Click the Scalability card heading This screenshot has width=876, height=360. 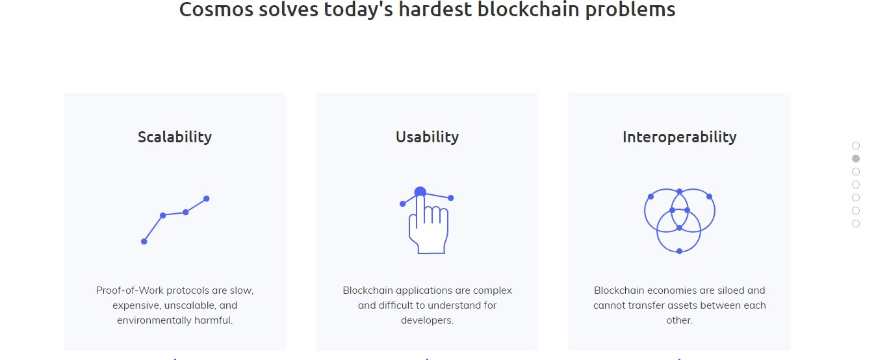(175, 137)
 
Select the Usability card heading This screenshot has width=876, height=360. (427, 137)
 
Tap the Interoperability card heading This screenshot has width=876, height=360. (680, 137)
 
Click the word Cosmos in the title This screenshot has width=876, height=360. (216, 9)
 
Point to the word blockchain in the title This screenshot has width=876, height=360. (528, 8)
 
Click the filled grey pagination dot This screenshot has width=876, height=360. (856, 159)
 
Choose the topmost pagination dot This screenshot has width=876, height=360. (856, 146)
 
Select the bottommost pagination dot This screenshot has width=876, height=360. (856, 224)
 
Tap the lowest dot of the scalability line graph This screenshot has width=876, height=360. (144, 242)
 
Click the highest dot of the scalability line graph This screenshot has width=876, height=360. (207, 199)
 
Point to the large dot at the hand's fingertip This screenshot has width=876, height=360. (420, 192)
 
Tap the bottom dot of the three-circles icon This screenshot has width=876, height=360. (679, 251)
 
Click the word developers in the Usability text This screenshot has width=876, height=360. (427, 320)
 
